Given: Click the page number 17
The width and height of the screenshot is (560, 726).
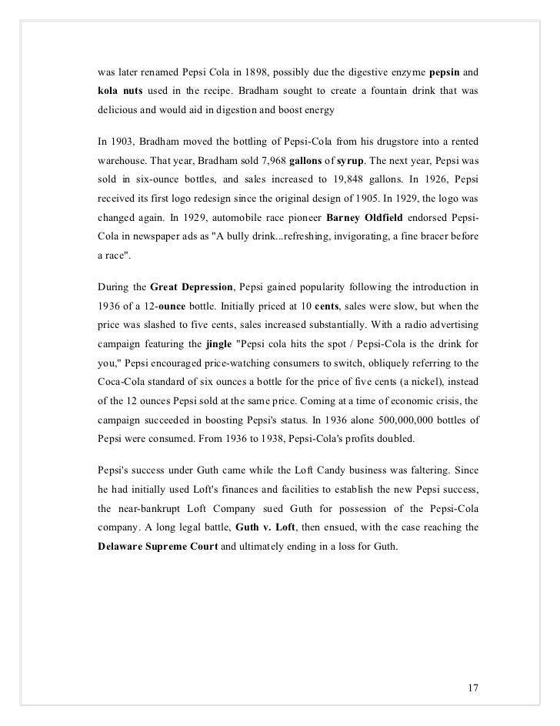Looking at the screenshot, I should point(473,664).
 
